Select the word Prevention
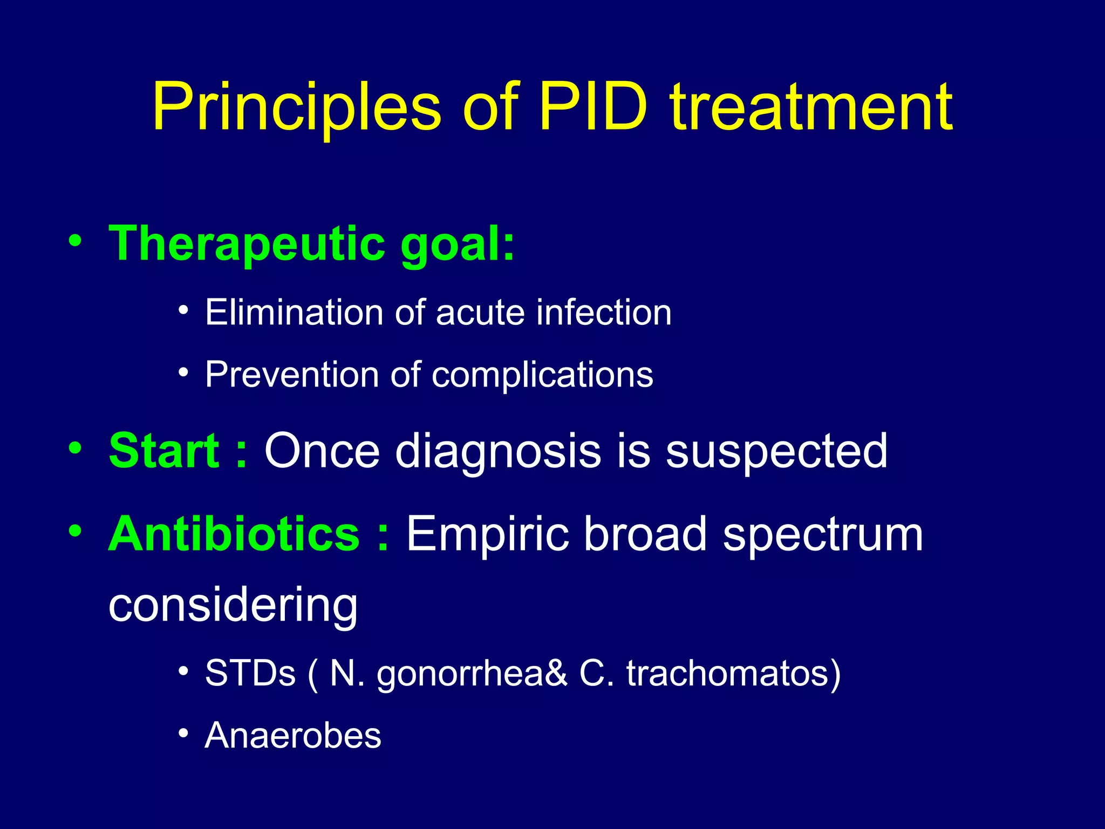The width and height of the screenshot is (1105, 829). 292,375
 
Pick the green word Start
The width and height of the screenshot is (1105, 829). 164,451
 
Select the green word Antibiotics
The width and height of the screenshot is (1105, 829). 234,534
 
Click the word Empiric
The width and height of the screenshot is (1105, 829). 488,535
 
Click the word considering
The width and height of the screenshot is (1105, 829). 233,605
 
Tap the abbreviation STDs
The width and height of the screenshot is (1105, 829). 250,673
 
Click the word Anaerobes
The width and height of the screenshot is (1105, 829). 293,735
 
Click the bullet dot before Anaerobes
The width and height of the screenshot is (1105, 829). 183,733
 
